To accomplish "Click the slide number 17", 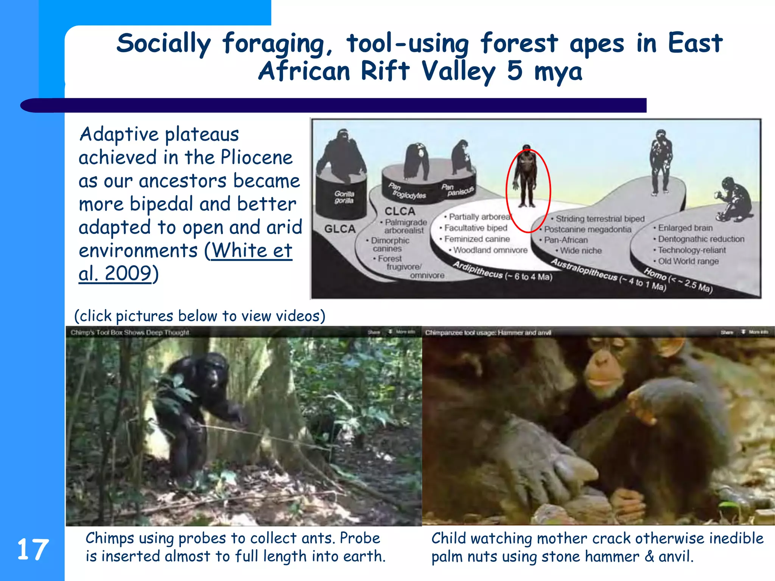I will click(33, 550).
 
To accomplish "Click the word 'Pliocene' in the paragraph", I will click(257, 157).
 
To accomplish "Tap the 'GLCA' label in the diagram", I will click(340, 229).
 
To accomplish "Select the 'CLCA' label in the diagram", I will click(400, 211).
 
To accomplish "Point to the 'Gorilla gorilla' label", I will click(344, 197).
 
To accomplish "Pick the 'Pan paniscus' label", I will click(457, 190).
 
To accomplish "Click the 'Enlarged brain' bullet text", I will click(685, 228).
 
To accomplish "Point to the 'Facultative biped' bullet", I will click(475, 228).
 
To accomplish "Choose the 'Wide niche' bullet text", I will click(580, 250).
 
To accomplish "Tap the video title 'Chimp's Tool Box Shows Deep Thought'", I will click(130, 332).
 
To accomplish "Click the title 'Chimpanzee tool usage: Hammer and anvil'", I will click(488, 332).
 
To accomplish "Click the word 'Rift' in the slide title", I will click(385, 71).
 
